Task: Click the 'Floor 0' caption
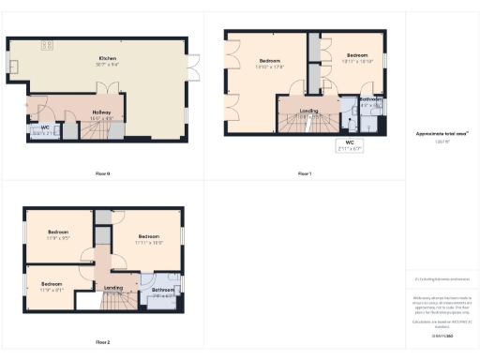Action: pos(103,173)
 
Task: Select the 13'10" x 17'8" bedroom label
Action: pos(270,64)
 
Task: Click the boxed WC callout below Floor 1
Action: pos(349,145)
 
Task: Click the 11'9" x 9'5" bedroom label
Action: pos(58,234)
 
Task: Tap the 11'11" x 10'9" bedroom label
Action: pos(148,238)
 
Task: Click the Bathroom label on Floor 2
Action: pos(162,292)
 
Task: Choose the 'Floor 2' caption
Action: pos(103,341)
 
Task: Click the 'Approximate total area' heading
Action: pos(441,134)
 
